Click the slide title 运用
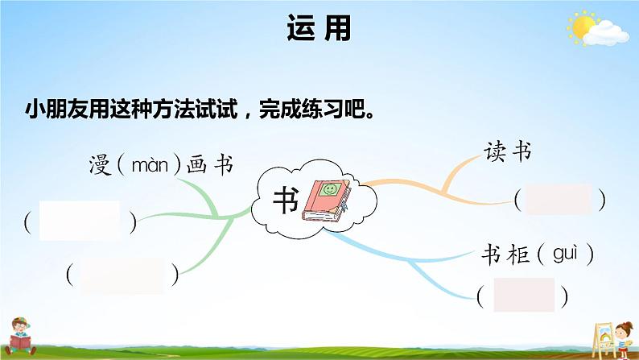pyautogui.click(x=319, y=30)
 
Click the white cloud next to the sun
pyautogui.click(x=608, y=32)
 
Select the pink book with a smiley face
pyautogui.click(x=325, y=199)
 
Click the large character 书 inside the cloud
pyautogui.click(x=286, y=201)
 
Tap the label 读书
pyautogui.click(x=508, y=151)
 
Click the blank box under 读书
pyautogui.click(x=558, y=199)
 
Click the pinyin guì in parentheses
pyautogui.click(x=565, y=254)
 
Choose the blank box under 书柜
pyautogui.click(x=524, y=295)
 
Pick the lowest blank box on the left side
pyautogui.click(x=123, y=275)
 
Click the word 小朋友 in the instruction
pyautogui.click(x=53, y=110)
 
